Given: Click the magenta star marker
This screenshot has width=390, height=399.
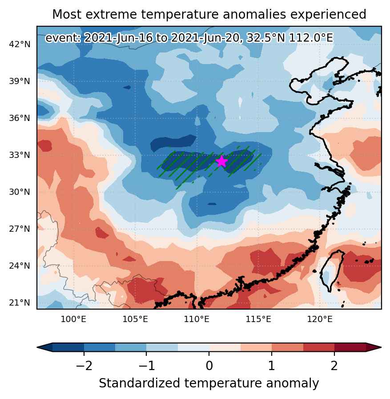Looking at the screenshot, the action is [x=222, y=161].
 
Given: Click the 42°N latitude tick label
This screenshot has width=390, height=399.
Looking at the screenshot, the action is [x=20, y=44].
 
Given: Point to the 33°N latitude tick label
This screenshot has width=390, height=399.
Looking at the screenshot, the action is [x=20, y=155].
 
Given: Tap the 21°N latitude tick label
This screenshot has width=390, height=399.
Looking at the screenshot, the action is [x=20, y=302].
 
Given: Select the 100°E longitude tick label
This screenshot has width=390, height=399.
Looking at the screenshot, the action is [x=73, y=319].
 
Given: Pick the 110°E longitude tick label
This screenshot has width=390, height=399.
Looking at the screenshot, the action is [x=197, y=319].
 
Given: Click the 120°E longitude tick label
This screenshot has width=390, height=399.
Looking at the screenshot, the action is [x=320, y=319].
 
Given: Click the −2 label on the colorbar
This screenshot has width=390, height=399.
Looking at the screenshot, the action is [x=84, y=366].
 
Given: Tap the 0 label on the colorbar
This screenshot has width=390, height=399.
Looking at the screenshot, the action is [x=209, y=366].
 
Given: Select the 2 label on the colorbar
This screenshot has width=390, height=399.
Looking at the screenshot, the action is [x=334, y=366].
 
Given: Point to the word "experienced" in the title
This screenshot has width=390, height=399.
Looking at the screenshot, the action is [x=328, y=15].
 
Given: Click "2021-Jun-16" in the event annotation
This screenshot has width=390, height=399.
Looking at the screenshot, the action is [x=119, y=38].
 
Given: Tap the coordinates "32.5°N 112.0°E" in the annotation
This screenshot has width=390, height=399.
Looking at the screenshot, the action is [x=290, y=38].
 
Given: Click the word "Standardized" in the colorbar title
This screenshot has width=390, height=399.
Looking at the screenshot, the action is [x=140, y=383].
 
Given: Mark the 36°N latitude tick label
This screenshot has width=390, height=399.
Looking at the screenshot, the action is [x=20, y=118].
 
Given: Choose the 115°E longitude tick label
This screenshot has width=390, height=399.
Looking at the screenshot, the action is [x=258, y=319].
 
